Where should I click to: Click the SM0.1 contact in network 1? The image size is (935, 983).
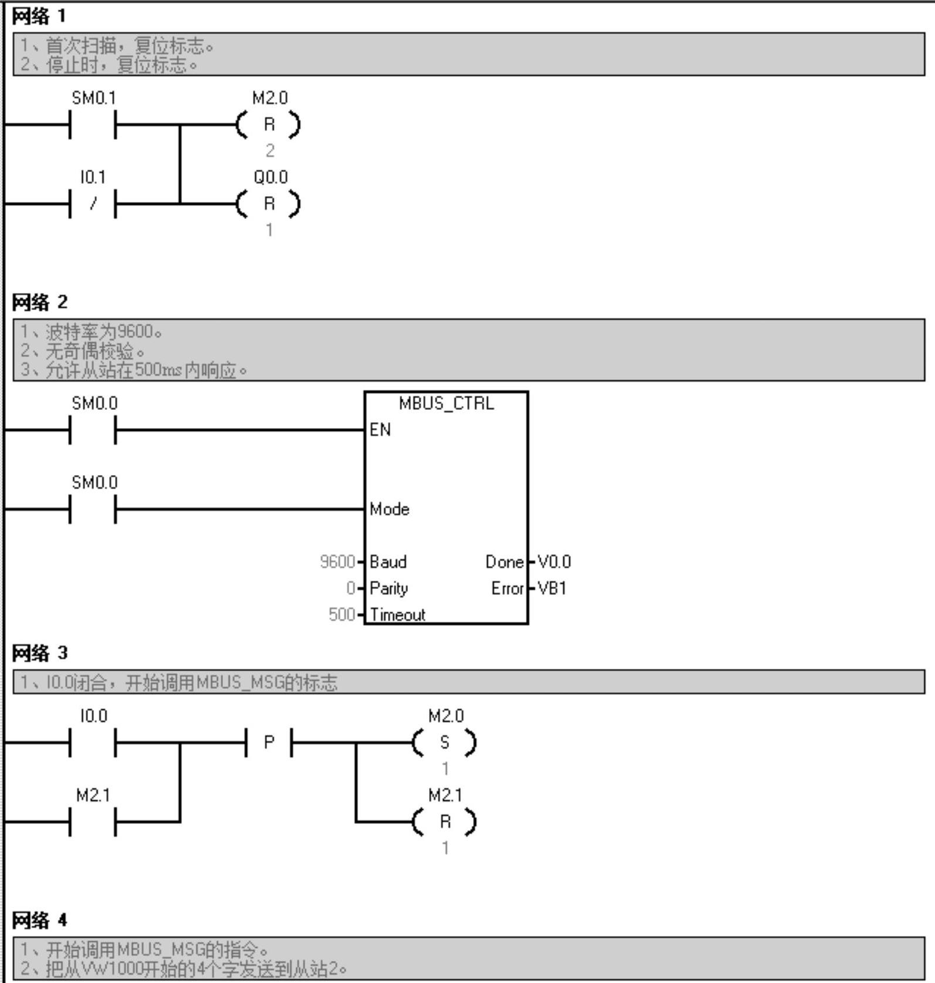click(93, 125)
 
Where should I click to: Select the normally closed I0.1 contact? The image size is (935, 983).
click(93, 204)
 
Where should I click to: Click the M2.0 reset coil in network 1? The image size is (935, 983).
click(269, 125)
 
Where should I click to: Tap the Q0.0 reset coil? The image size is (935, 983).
click(269, 204)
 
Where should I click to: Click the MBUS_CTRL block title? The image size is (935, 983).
click(446, 403)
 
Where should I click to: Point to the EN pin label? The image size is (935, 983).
click(380, 430)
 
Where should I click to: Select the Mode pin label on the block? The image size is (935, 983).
click(389, 509)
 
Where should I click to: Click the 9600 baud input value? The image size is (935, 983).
click(337, 562)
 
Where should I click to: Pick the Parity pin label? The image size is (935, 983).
click(389, 588)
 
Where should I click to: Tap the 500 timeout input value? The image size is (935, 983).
click(342, 615)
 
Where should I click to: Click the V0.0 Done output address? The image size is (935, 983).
click(554, 562)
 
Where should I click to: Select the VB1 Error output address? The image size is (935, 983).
click(552, 588)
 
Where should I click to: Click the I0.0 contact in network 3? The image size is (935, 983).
click(93, 743)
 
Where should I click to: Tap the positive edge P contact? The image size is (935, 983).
click(269, 743)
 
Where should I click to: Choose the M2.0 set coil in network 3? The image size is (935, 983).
click(445, 743)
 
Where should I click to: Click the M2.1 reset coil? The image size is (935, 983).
click(445, 822)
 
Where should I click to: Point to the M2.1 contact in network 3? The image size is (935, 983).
click(93, 822)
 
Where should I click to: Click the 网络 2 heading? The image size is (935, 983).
click(40, 302)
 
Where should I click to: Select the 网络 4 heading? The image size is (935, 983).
click(40, 920)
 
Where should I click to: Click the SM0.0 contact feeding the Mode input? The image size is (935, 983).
click(93, 509)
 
